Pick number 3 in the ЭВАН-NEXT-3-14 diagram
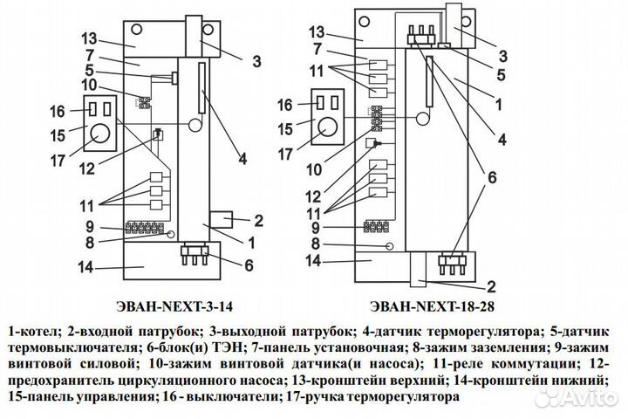pyautogui.click(x=256, y=61)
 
